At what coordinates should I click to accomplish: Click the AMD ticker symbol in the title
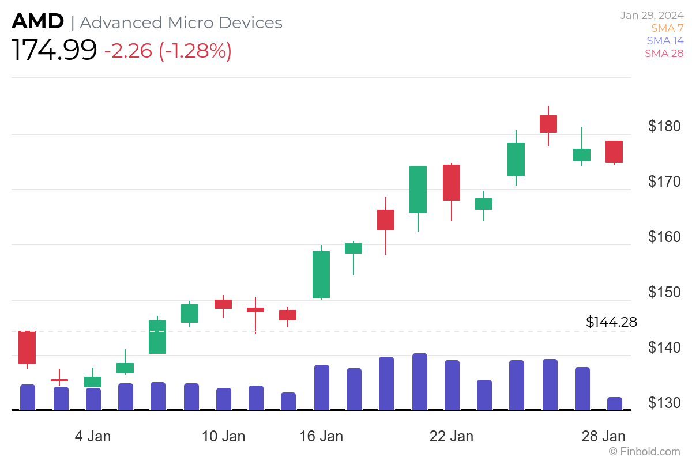point(37,22)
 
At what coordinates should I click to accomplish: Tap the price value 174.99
point(54,51)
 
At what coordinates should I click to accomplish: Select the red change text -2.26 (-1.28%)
point(168,51)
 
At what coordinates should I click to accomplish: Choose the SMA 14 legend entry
point(664,41)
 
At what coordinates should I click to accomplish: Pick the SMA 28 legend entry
point(664,54)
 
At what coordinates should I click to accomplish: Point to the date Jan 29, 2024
point(652,16)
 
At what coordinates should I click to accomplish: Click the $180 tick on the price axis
point(664,126)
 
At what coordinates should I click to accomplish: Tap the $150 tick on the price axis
point(664,292)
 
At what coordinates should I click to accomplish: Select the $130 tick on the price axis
point(664,403)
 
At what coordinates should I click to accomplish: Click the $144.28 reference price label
point(611,322)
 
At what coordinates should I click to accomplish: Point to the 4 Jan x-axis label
point(93,436)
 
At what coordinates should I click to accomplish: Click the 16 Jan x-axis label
point(321,436)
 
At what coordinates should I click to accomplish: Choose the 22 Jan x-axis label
point(452,436)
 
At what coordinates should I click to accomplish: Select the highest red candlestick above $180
point(548,123)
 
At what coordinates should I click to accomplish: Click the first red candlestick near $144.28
point(27,347)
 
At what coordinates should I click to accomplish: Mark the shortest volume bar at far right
point(614,403)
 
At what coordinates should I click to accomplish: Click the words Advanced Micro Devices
point(181,22)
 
